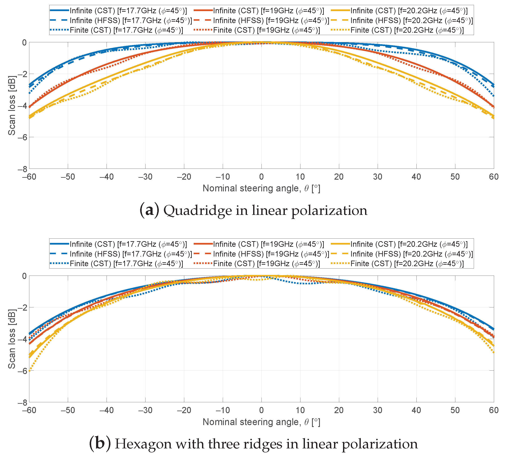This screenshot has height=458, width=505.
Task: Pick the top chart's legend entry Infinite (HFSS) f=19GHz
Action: [271, 21]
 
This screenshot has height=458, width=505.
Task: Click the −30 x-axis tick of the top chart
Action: [145, 177]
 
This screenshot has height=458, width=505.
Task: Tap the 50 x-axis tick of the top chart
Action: [455, 177]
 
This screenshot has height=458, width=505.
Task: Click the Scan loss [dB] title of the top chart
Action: [12, 105]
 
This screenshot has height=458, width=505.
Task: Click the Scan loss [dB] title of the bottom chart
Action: [12, 339]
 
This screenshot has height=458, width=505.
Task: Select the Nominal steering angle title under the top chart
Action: [261, 188]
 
